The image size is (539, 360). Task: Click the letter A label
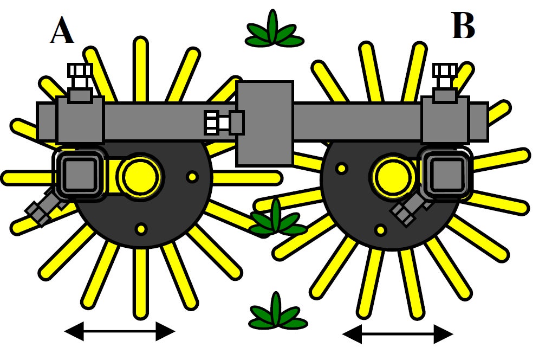coord(62,31)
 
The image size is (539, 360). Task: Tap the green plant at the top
coord(274,31)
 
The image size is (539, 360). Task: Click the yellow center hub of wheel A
coord(140,177)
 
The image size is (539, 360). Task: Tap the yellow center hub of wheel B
coord(392,177)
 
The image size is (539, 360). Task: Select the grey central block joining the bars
coord(265,123)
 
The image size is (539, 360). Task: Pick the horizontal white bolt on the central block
coord(217,123)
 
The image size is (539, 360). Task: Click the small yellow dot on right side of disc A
coord(192,177)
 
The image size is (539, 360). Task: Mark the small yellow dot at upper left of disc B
coord(341,169)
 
